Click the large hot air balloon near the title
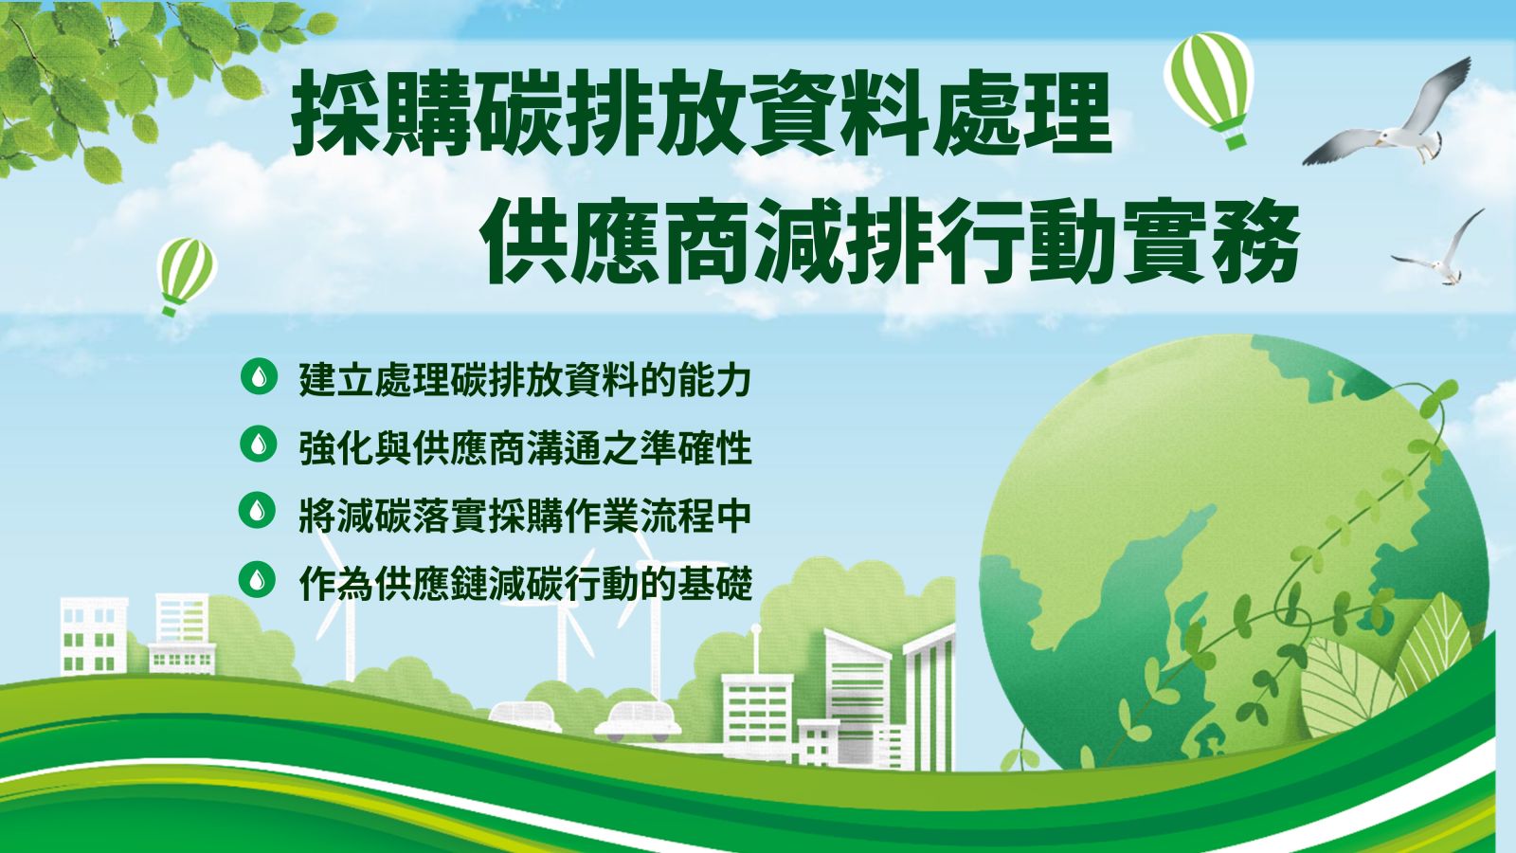[x=1209, y=88]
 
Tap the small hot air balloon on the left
[x=186, y=274]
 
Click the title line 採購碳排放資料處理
[x=702, y=113]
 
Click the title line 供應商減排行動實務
[x=890, y=241]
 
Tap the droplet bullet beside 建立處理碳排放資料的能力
[x=259, y=376]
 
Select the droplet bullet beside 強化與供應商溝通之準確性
[x=259, y=445]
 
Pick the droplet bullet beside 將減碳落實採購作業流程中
[x=258, y=511]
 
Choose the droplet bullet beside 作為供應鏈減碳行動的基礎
[x=258, y=579]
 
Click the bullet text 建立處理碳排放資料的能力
[x=525, y=380]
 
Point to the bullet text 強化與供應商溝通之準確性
[x=525, y=447]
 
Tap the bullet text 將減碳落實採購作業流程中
[x=525, y=516]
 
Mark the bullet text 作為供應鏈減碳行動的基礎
[x=525, y=583]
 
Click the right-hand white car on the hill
[x=638, y=721]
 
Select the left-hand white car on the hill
[x=525, y=715]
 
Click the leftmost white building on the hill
[x=94, y=636]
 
